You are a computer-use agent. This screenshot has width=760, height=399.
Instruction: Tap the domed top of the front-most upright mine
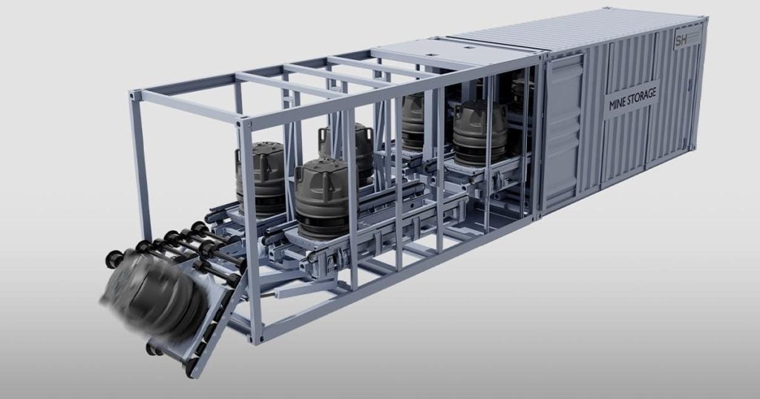323,167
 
